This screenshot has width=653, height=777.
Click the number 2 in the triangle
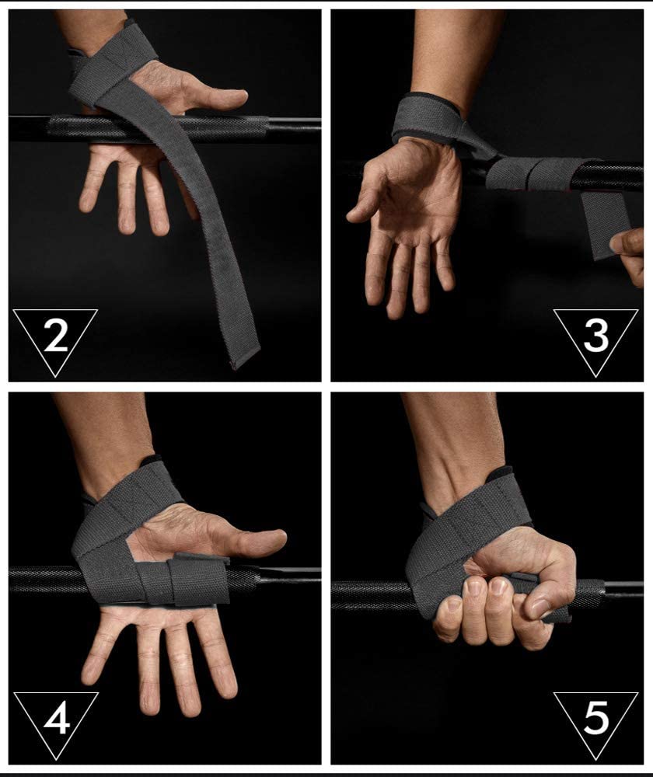click(55, 336)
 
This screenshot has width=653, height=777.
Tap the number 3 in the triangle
click(595, 336)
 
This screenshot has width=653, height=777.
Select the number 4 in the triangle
click(56, 718)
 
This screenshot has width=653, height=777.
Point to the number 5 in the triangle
click(596, 718)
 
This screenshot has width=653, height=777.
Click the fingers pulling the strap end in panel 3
click(629, 255)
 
